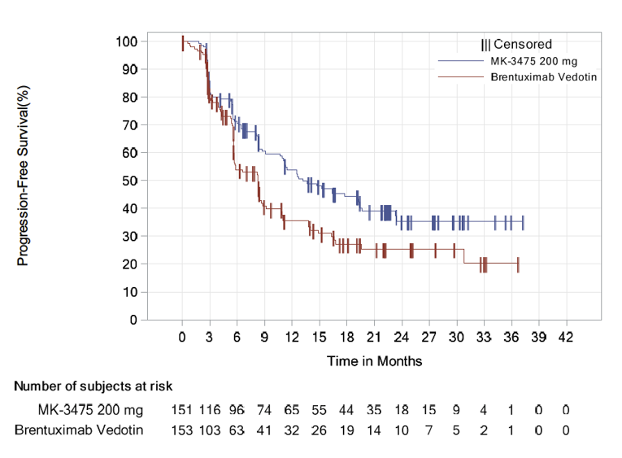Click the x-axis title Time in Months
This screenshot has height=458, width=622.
[374, 360]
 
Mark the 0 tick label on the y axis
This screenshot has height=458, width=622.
[133, 320]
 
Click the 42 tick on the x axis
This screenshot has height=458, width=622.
[566, 337]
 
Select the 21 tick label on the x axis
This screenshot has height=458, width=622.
[374, 337]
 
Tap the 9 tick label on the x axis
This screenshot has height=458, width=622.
[264, 337]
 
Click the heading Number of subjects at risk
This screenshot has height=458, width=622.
[93, 386]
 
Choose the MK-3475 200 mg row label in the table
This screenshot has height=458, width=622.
[89, 409]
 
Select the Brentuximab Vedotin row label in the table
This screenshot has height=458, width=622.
[79, 430]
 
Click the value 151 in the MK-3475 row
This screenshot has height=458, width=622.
[182, 409]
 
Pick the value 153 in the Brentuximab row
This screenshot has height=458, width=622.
[182, 430]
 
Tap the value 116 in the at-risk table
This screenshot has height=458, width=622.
[210, 409]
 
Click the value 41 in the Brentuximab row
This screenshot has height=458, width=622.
[264, 430]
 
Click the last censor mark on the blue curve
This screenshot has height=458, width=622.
[523, 223]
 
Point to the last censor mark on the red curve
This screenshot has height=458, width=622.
[518, 264]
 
